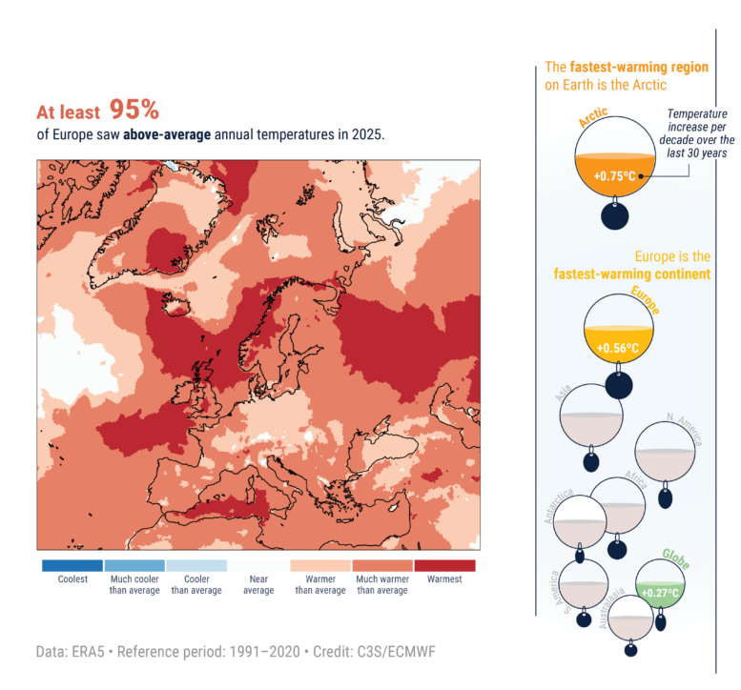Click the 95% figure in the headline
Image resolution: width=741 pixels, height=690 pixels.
tap(134, 110)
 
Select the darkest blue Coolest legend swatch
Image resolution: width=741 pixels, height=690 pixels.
tap(72, 565)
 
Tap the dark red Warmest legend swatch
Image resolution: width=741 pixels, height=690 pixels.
tap(444, 565)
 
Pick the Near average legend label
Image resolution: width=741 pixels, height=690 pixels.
tap(258, 584)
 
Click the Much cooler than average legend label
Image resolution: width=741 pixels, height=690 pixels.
tap(134, 584)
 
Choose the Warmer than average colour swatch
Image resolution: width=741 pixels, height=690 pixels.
tap(320, 565)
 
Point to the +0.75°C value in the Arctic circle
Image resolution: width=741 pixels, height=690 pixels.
tap(607, 176)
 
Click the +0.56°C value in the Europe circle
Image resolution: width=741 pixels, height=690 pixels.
tap(616, 348)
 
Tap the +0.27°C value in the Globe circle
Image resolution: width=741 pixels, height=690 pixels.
tap(659, 593)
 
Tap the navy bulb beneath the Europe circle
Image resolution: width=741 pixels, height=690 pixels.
tap(618, 385)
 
